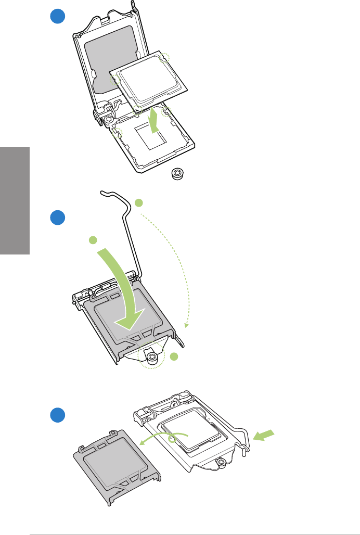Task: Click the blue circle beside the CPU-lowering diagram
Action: (x=57, y=16)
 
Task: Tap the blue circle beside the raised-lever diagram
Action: (x=57, y=217)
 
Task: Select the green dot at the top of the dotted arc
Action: (x=138, y=202)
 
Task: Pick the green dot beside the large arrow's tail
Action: (x=93, y=240)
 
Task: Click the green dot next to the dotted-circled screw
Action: (x=174, y=356)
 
